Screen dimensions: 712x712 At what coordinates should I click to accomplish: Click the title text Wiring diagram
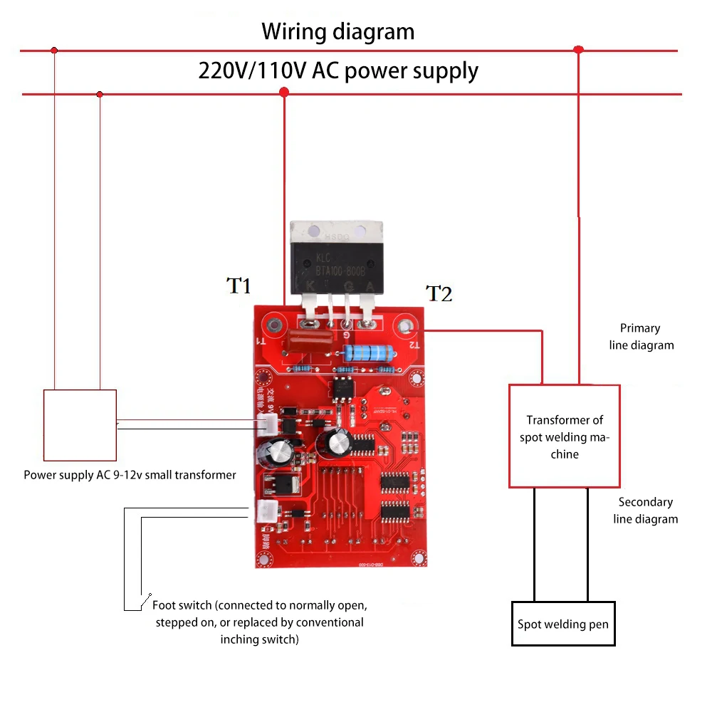coord(337,32)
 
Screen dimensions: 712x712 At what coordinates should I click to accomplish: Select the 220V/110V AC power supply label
coord(337,71)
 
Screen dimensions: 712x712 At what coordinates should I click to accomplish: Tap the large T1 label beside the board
coord(239,286)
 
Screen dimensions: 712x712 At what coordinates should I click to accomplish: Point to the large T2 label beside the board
coord(439,293)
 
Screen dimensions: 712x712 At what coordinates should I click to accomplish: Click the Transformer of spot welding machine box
coord(564,436)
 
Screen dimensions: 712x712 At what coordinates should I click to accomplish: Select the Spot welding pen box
coord(563,624)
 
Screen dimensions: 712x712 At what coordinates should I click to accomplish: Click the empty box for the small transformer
coord(80,425)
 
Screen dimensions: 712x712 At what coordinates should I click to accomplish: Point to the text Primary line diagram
coord(641,337)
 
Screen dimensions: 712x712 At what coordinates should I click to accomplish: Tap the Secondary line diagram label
coord(646,511)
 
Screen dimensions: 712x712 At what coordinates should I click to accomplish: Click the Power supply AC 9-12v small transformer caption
coord(130,475)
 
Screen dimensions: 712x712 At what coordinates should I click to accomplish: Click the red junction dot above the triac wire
coord(284,93)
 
